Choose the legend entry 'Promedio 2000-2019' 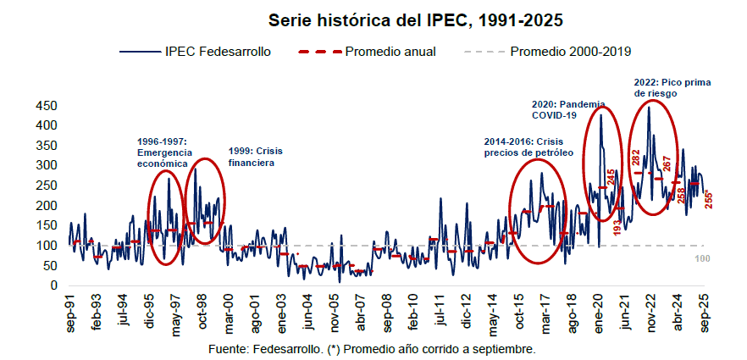570,52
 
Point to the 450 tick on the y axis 47,106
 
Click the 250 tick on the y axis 47,186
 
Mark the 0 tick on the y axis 53,286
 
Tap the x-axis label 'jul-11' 440,312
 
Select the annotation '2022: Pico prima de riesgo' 672,88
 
